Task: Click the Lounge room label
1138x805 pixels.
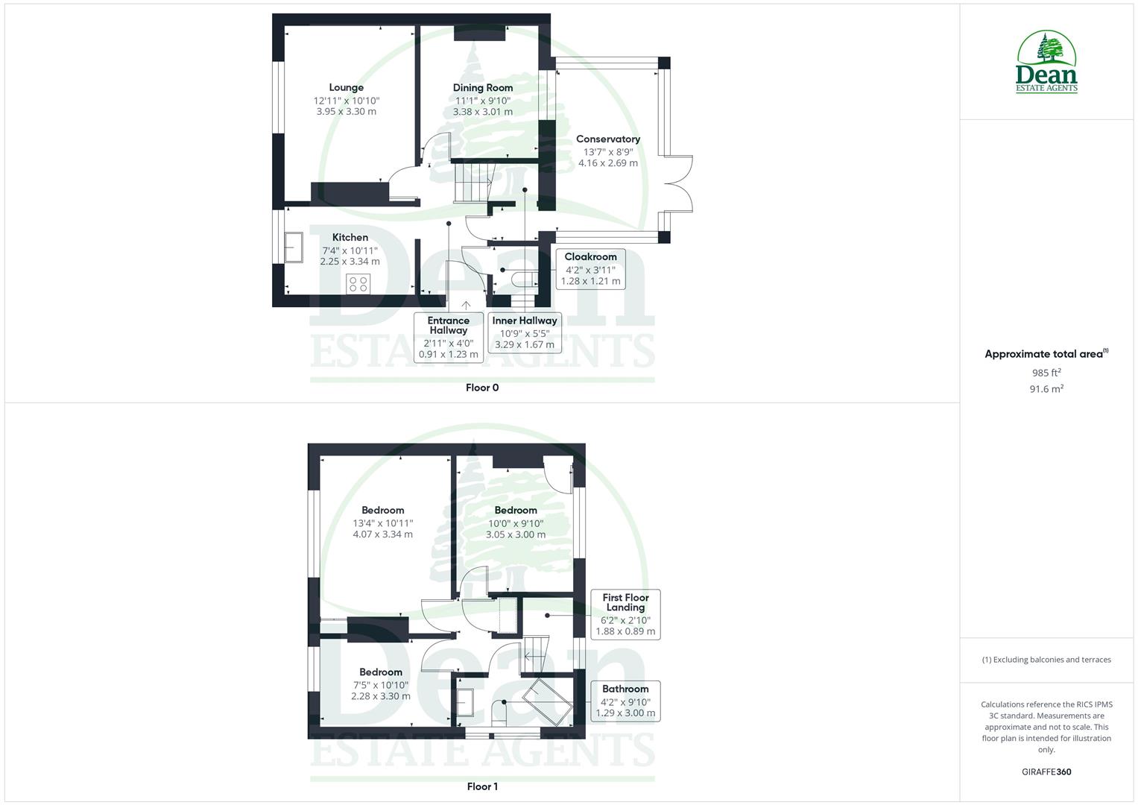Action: [x=346, y=88]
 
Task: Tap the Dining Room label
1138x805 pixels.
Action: [x=483, y=88]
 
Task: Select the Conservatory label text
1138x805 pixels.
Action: [x=608, y=139]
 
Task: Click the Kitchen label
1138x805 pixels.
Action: [x=350, y=238]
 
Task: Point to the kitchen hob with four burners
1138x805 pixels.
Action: [x=358, y=283]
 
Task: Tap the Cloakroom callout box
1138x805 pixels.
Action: [x=591, y=269]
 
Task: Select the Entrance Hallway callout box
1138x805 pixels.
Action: [x=449, y=338]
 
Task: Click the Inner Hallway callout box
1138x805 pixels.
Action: [x=525, y=332]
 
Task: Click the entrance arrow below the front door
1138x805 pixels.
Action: [x=467, y=305]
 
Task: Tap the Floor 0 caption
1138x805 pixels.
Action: [x=482, y=388]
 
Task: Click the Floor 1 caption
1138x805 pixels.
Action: [x=482, y=786]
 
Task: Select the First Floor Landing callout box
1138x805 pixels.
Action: [x=625, y=614]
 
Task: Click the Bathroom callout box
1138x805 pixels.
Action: [x=625, y=701]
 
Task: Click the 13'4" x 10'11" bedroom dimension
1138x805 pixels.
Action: [x=383, y=523]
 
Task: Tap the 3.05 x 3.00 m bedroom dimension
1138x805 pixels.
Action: [x=516, y=534]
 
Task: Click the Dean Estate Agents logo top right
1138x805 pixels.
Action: [x=1046, y=63]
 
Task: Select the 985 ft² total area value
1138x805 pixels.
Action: [x=1046, y=373]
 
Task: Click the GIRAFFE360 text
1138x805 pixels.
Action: [x=1046, y=772]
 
